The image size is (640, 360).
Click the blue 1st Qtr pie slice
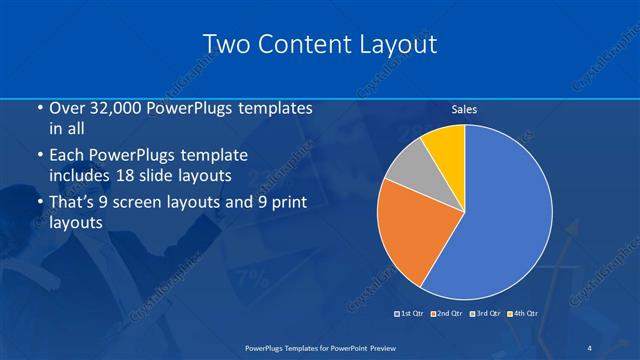point(505,215)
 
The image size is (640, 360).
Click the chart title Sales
point(464,109)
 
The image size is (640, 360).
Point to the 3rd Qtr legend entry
point(484,314)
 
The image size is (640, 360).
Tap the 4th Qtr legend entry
point(521,314)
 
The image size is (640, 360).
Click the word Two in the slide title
point(227,44)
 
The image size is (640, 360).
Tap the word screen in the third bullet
point(149,203)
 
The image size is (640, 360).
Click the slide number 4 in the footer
point(589,348)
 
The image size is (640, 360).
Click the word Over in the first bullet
point(65,108)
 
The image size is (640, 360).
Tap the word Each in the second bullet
point(65,156)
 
